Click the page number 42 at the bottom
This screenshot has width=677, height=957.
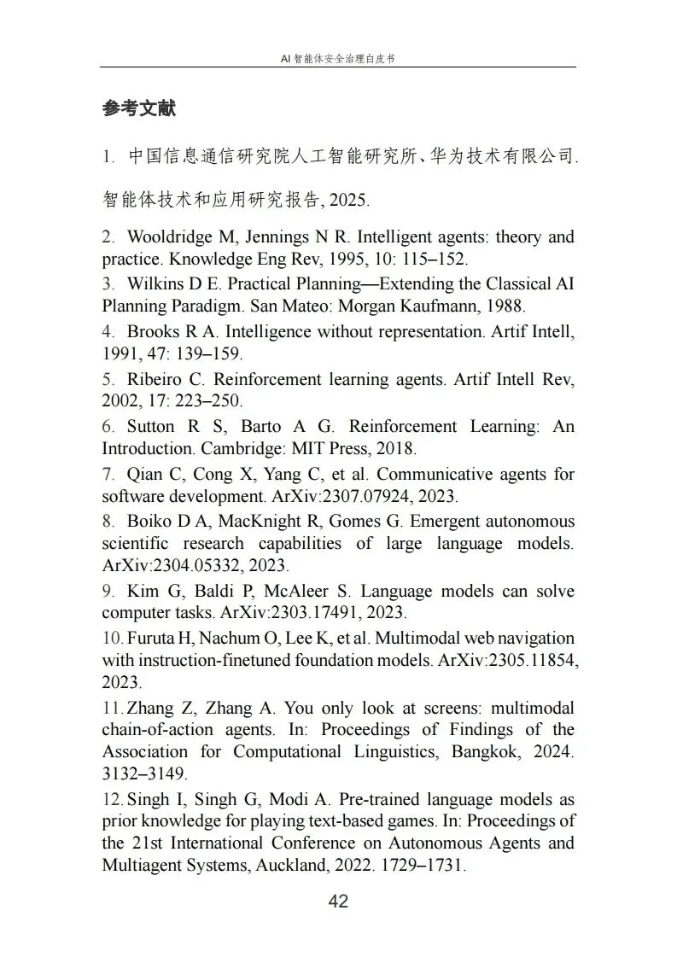click(x=338, y=902)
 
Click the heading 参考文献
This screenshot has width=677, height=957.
click(x=138, y=109)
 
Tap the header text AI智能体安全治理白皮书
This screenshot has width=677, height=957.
click(x=338, y=59)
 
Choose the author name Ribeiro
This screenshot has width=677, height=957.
click(x=153, y=379)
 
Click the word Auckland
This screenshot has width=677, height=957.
click(x=322, y=865)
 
